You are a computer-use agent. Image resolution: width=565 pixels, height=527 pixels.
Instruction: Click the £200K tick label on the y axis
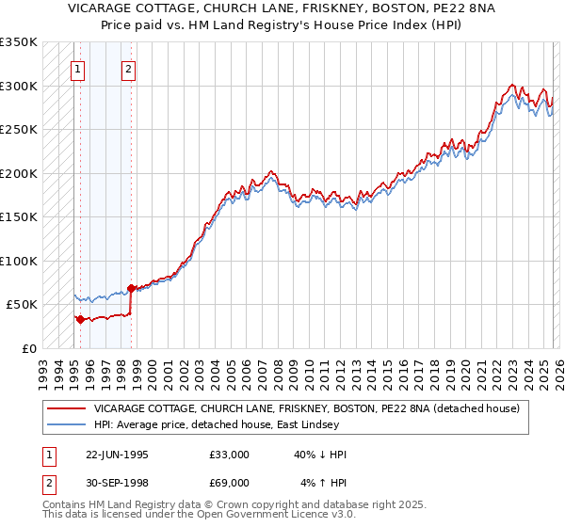coord(18,173)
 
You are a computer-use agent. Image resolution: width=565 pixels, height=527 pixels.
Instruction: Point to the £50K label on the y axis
coord(21,305)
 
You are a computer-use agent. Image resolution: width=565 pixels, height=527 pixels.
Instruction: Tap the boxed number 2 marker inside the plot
coord(129,68)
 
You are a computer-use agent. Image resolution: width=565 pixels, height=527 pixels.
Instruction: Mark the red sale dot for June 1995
coord(80,319)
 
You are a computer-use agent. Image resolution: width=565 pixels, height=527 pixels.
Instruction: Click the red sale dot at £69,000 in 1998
coord(131,288)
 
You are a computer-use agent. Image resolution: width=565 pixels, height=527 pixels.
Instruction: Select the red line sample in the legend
coord(66,408)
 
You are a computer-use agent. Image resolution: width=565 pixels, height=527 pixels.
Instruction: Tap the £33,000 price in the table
coord(230,455)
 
